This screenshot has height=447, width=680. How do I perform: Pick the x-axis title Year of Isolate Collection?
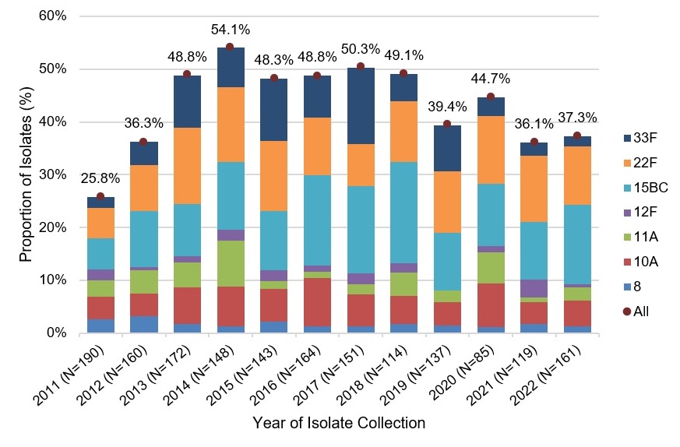point(339,424)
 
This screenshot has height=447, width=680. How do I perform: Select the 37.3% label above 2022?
point(577,117)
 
